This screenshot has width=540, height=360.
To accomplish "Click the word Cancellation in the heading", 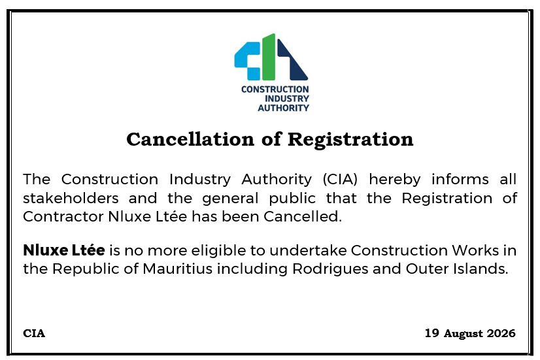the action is click(191, 139).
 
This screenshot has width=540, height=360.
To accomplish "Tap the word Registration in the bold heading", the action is click(350, 140).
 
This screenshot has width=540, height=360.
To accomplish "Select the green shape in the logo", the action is click(269, 57).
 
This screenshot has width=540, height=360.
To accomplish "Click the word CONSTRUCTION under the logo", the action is click(275, 90).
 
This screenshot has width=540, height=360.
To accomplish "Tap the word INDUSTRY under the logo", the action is click(287, 99).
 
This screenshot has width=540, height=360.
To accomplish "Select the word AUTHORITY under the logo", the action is click(284, 108).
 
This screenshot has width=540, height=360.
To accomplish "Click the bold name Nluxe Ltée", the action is click(63, 250).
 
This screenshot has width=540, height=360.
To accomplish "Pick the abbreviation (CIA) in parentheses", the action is click(340, 179).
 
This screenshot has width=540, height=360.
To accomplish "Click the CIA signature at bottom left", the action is click(34, 333).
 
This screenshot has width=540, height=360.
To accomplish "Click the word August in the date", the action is click(464, 334).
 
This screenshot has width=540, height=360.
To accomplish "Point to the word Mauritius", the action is click(177, 269).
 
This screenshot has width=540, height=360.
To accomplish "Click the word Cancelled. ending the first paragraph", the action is click(303, 217).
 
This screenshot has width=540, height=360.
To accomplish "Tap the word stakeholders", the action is click(71, 198).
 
